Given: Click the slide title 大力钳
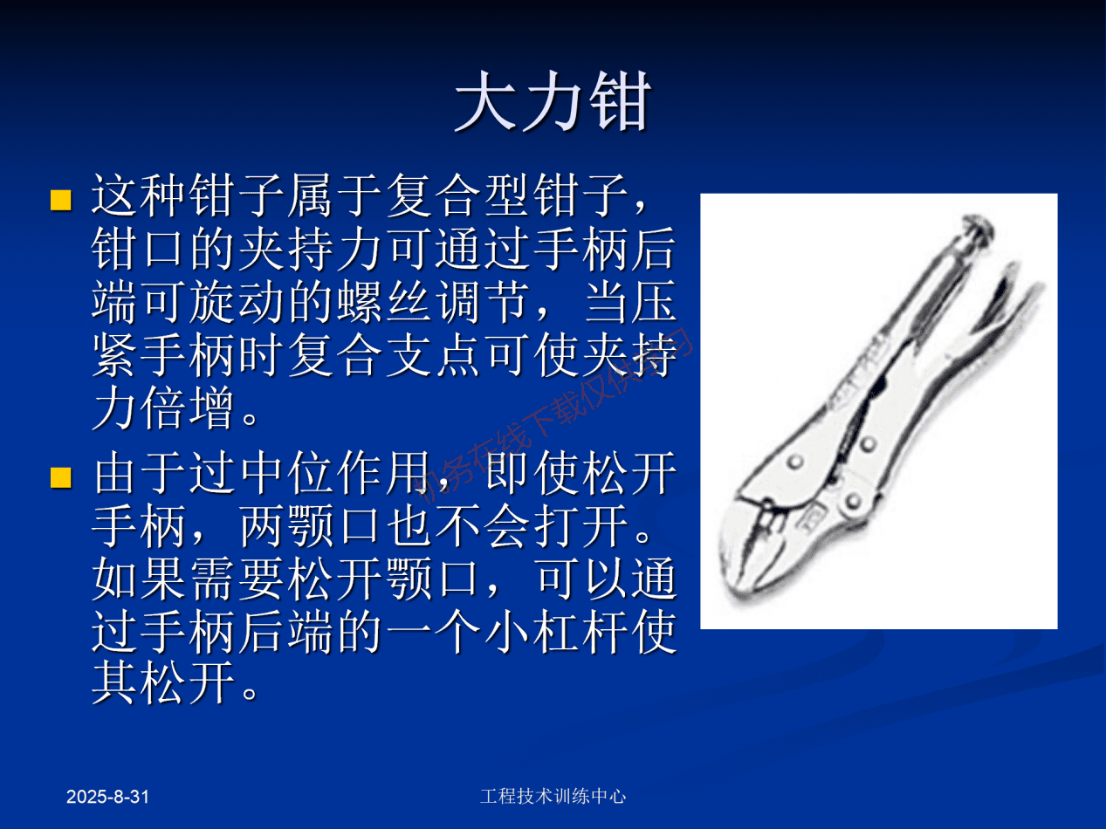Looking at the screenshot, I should tap(552, 102).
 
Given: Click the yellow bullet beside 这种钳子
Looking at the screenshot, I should tap(59, 200).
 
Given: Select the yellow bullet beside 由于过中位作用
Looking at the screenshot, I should tap(59, 477).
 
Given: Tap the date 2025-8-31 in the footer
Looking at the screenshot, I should tap(108, 797).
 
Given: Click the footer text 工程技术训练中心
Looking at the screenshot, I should tap(553, 796).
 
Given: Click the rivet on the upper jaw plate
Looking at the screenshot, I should tap(795, 461).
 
